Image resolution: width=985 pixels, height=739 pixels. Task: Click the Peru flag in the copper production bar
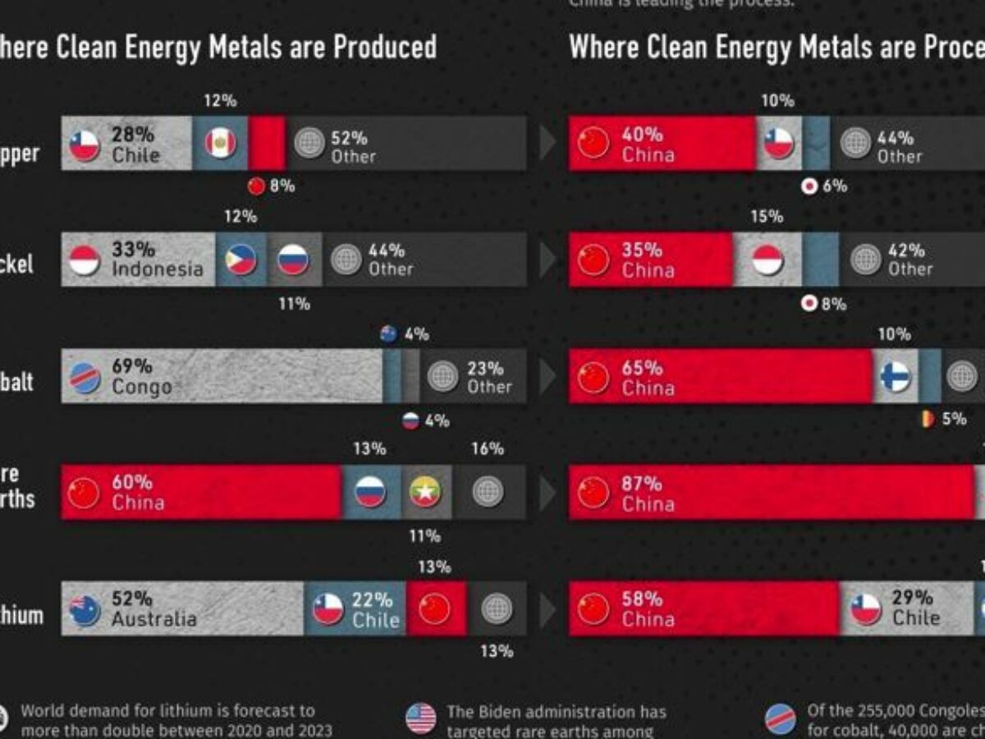point(220,143)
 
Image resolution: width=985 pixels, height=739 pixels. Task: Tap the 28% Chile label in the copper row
point(136,145)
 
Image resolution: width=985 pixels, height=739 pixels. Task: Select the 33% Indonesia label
point(156,259)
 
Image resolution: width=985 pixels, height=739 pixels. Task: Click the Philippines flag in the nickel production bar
point(241,259)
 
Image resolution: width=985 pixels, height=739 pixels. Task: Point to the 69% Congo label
point(140,377)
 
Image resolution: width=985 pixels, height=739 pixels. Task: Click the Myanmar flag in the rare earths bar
point(425,492)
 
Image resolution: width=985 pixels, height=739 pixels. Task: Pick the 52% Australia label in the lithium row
point(153,608)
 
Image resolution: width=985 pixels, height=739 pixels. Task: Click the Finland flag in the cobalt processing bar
point(895,376)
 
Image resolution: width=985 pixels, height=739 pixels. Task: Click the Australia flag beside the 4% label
point(389,334)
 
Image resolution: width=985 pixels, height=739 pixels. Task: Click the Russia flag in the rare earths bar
point(370,492)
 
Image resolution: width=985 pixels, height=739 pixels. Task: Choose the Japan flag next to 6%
point(809,186)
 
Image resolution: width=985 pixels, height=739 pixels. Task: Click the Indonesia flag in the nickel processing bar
point(767,259)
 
